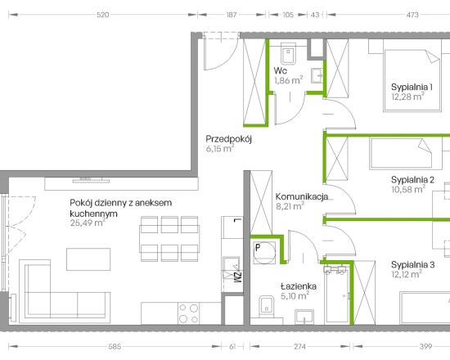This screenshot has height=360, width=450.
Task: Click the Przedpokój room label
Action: pos(229,139)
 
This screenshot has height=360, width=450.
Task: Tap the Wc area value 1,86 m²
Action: pos(289,80)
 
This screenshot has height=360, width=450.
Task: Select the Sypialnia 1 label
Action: pos(412,87)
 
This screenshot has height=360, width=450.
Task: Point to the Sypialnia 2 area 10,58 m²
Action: pos(408,189)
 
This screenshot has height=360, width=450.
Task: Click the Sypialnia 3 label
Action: pos(413,265)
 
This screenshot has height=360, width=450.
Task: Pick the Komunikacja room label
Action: pos(302,196)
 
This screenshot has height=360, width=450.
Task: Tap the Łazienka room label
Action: pos(299,286)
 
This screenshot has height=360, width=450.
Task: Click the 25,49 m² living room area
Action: pos(88,223)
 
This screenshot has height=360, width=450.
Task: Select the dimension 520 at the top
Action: pos(103,15)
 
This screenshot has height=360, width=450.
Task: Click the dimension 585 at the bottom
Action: pos(115,347)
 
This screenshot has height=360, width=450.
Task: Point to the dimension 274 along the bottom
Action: pos(299,347)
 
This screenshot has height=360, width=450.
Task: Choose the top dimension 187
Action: pos(232,15)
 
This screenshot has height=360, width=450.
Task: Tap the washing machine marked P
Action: pos(264,253)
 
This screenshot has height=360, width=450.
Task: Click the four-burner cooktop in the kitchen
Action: pos(188,313)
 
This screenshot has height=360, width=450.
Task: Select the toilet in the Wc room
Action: pos(289,54)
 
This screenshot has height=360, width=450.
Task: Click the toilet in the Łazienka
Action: pos(267,307)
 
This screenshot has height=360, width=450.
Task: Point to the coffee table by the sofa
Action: pos(88,259)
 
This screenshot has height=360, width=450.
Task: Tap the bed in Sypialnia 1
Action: pos(412,80)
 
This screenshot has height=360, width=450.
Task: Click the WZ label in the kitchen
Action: pos(238,277)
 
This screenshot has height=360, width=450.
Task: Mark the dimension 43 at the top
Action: pos(315,15)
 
